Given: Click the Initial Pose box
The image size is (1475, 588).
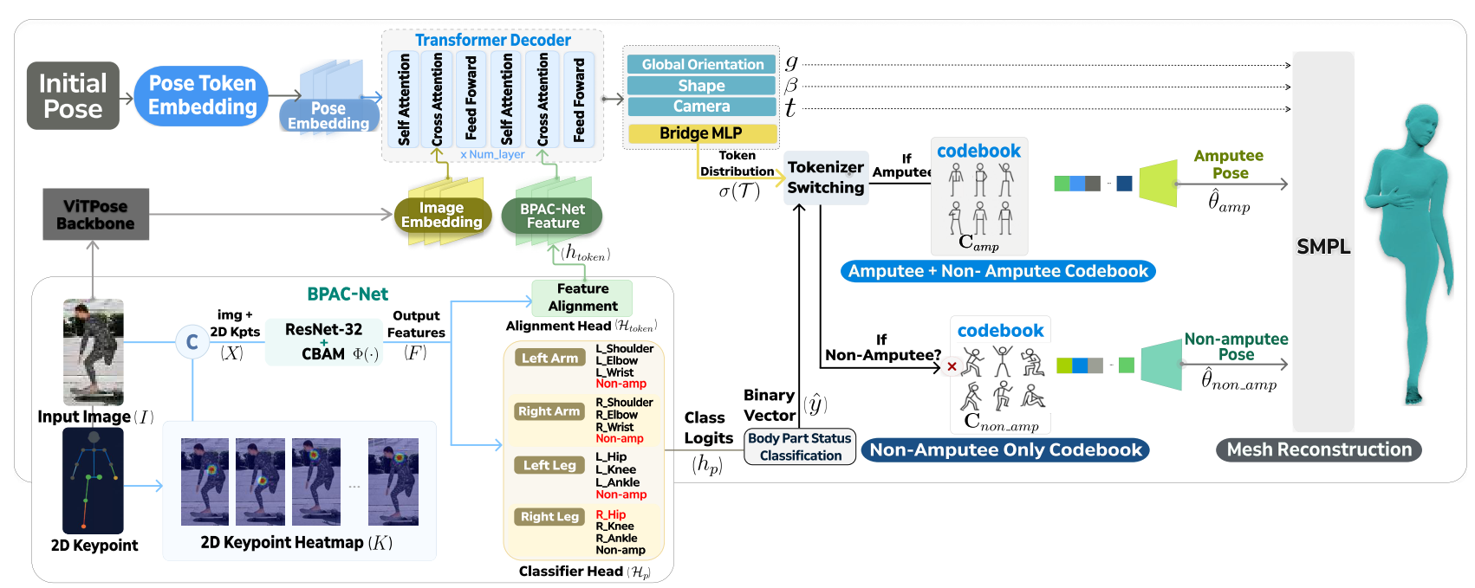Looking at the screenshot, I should click(73, 96).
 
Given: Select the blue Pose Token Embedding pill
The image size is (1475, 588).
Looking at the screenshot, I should click(202, 95).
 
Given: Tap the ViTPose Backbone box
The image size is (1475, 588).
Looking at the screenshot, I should click(95, 215).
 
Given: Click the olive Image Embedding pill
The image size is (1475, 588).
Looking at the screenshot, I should click(441, 215).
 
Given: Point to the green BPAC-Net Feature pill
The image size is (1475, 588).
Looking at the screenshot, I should click(552, 216).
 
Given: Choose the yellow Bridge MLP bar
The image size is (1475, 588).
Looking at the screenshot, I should click(701, 133).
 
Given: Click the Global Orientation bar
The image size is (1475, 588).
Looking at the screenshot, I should click(702, 64).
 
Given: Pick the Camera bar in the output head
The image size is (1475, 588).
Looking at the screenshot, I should click(702, 107).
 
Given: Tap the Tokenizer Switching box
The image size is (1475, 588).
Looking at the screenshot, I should click(825, 178).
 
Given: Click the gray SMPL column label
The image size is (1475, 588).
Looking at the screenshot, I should click(1323, 247).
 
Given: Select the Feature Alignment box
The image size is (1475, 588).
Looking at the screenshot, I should click(582, 297).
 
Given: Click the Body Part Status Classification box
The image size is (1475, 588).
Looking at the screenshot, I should click(800, 447).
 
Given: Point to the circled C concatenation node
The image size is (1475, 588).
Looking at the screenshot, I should click(192, 342).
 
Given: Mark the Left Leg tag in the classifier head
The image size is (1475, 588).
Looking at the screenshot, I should click(549, 465).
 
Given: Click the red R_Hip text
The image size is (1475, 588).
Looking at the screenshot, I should click(610, 514).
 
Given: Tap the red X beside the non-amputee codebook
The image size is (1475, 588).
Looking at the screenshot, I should click(952, 366).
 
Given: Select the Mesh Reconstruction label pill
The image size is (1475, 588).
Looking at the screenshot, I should click(1319, 449).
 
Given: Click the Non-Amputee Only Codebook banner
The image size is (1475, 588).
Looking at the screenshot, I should click(1005, 450).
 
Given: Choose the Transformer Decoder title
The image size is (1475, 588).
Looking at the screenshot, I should click(492, 40).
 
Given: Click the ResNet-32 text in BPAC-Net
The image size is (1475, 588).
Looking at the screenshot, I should click(323, 329).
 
